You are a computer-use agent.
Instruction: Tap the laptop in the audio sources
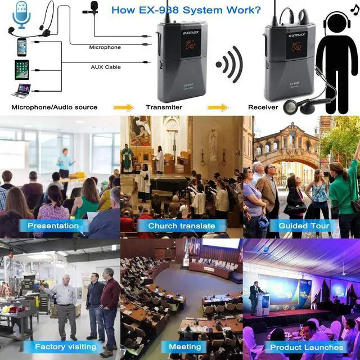click(x=22, y=90)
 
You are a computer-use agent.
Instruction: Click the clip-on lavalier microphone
click(x=90, y=7)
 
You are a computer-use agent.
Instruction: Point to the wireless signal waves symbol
click(x=229, y=65)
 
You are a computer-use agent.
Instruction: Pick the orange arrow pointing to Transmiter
click(x=123, y=107)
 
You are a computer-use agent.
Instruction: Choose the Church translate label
click(x=181, y=226)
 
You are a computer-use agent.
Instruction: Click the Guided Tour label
click(x=300, y=226)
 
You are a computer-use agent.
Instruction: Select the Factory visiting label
click(x=65, y=346)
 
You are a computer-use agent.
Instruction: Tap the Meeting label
click(x=184, y=346)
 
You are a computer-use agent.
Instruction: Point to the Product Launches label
click(x=307, y=346)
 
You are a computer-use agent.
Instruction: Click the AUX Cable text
click(x=105, y=66)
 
